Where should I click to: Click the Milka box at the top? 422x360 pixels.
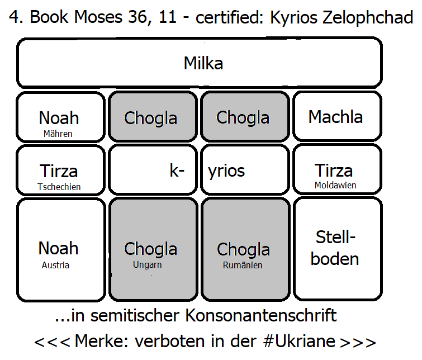click(x=203, y=63)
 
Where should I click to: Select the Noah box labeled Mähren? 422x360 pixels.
click(x=60, y=116)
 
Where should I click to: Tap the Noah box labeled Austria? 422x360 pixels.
click(x=60, y=249)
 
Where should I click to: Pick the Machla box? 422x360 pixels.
click(x=336, y=116)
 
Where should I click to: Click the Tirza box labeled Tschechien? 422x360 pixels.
click(x=60, y=170)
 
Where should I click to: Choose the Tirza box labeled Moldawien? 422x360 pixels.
click(x=336, y=170)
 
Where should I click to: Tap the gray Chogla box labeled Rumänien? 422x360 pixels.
click(x=244, y=249)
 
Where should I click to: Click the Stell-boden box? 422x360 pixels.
click(x=336, y=249)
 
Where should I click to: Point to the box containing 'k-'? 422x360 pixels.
click(x=152, y=170)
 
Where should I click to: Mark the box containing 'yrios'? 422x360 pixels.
click(x=244, y=170)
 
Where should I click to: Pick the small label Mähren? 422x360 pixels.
click(x=58, y=134)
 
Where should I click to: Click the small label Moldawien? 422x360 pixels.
click(x=335, y=185)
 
